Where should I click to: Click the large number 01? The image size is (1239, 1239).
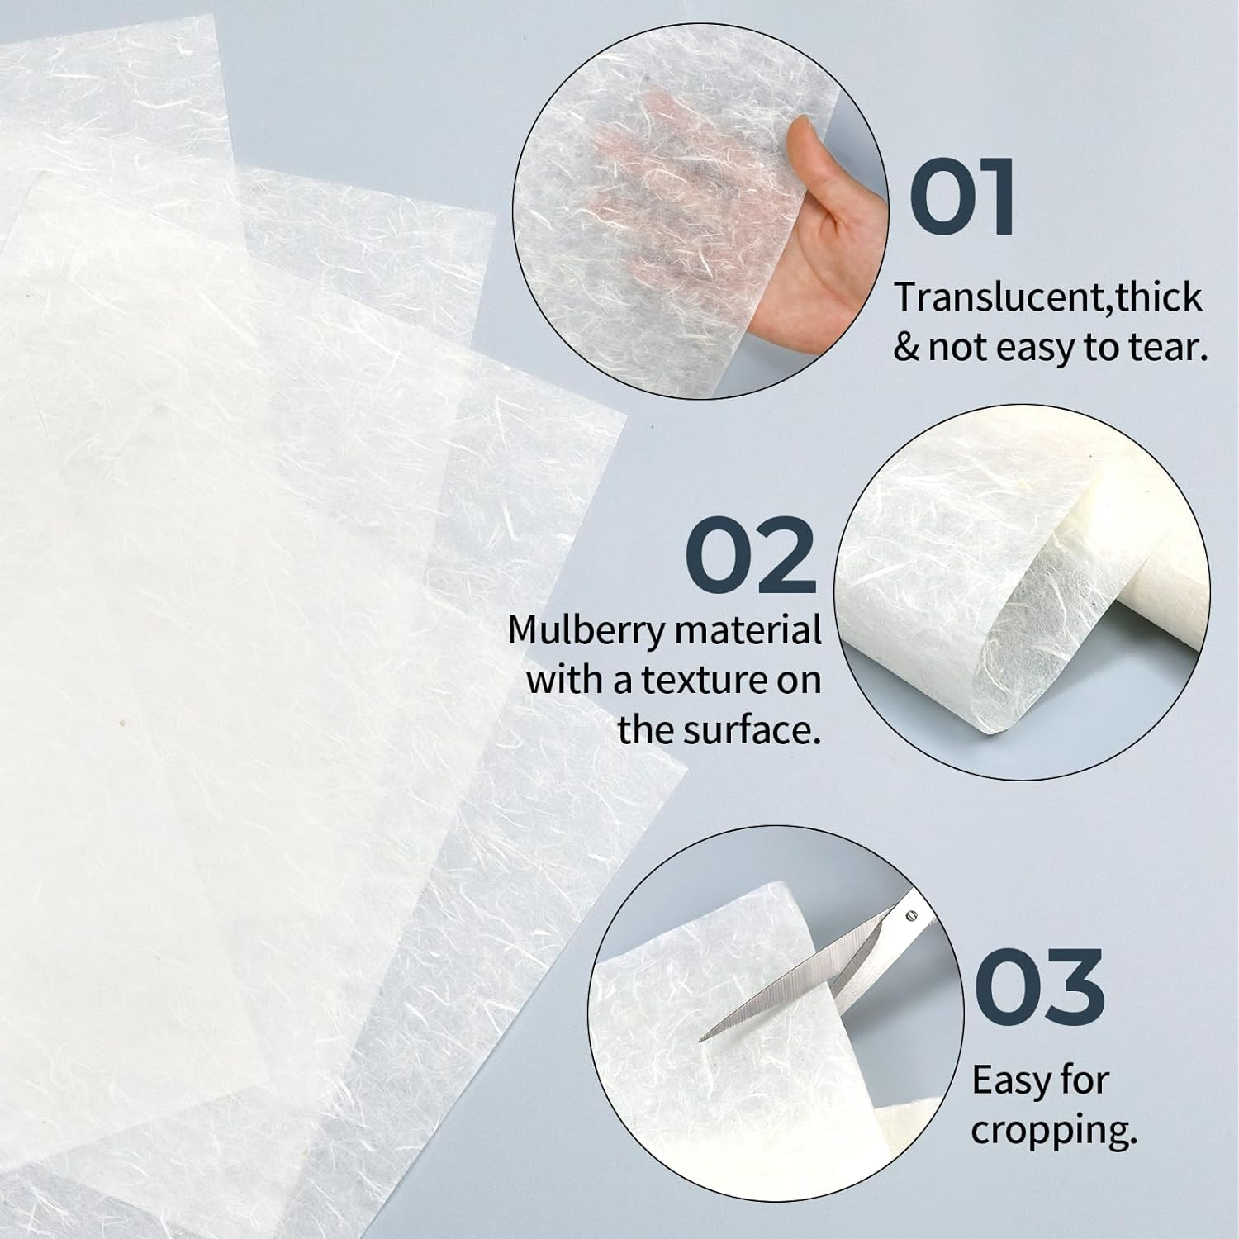[963, 198]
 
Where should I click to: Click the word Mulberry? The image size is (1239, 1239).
[586, 632]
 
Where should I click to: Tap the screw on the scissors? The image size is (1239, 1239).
[911, 915]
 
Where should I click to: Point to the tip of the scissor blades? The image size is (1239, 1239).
[705, 1037]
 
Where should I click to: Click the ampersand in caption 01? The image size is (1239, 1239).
[906, 348]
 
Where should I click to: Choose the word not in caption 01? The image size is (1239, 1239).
[958, 348]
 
